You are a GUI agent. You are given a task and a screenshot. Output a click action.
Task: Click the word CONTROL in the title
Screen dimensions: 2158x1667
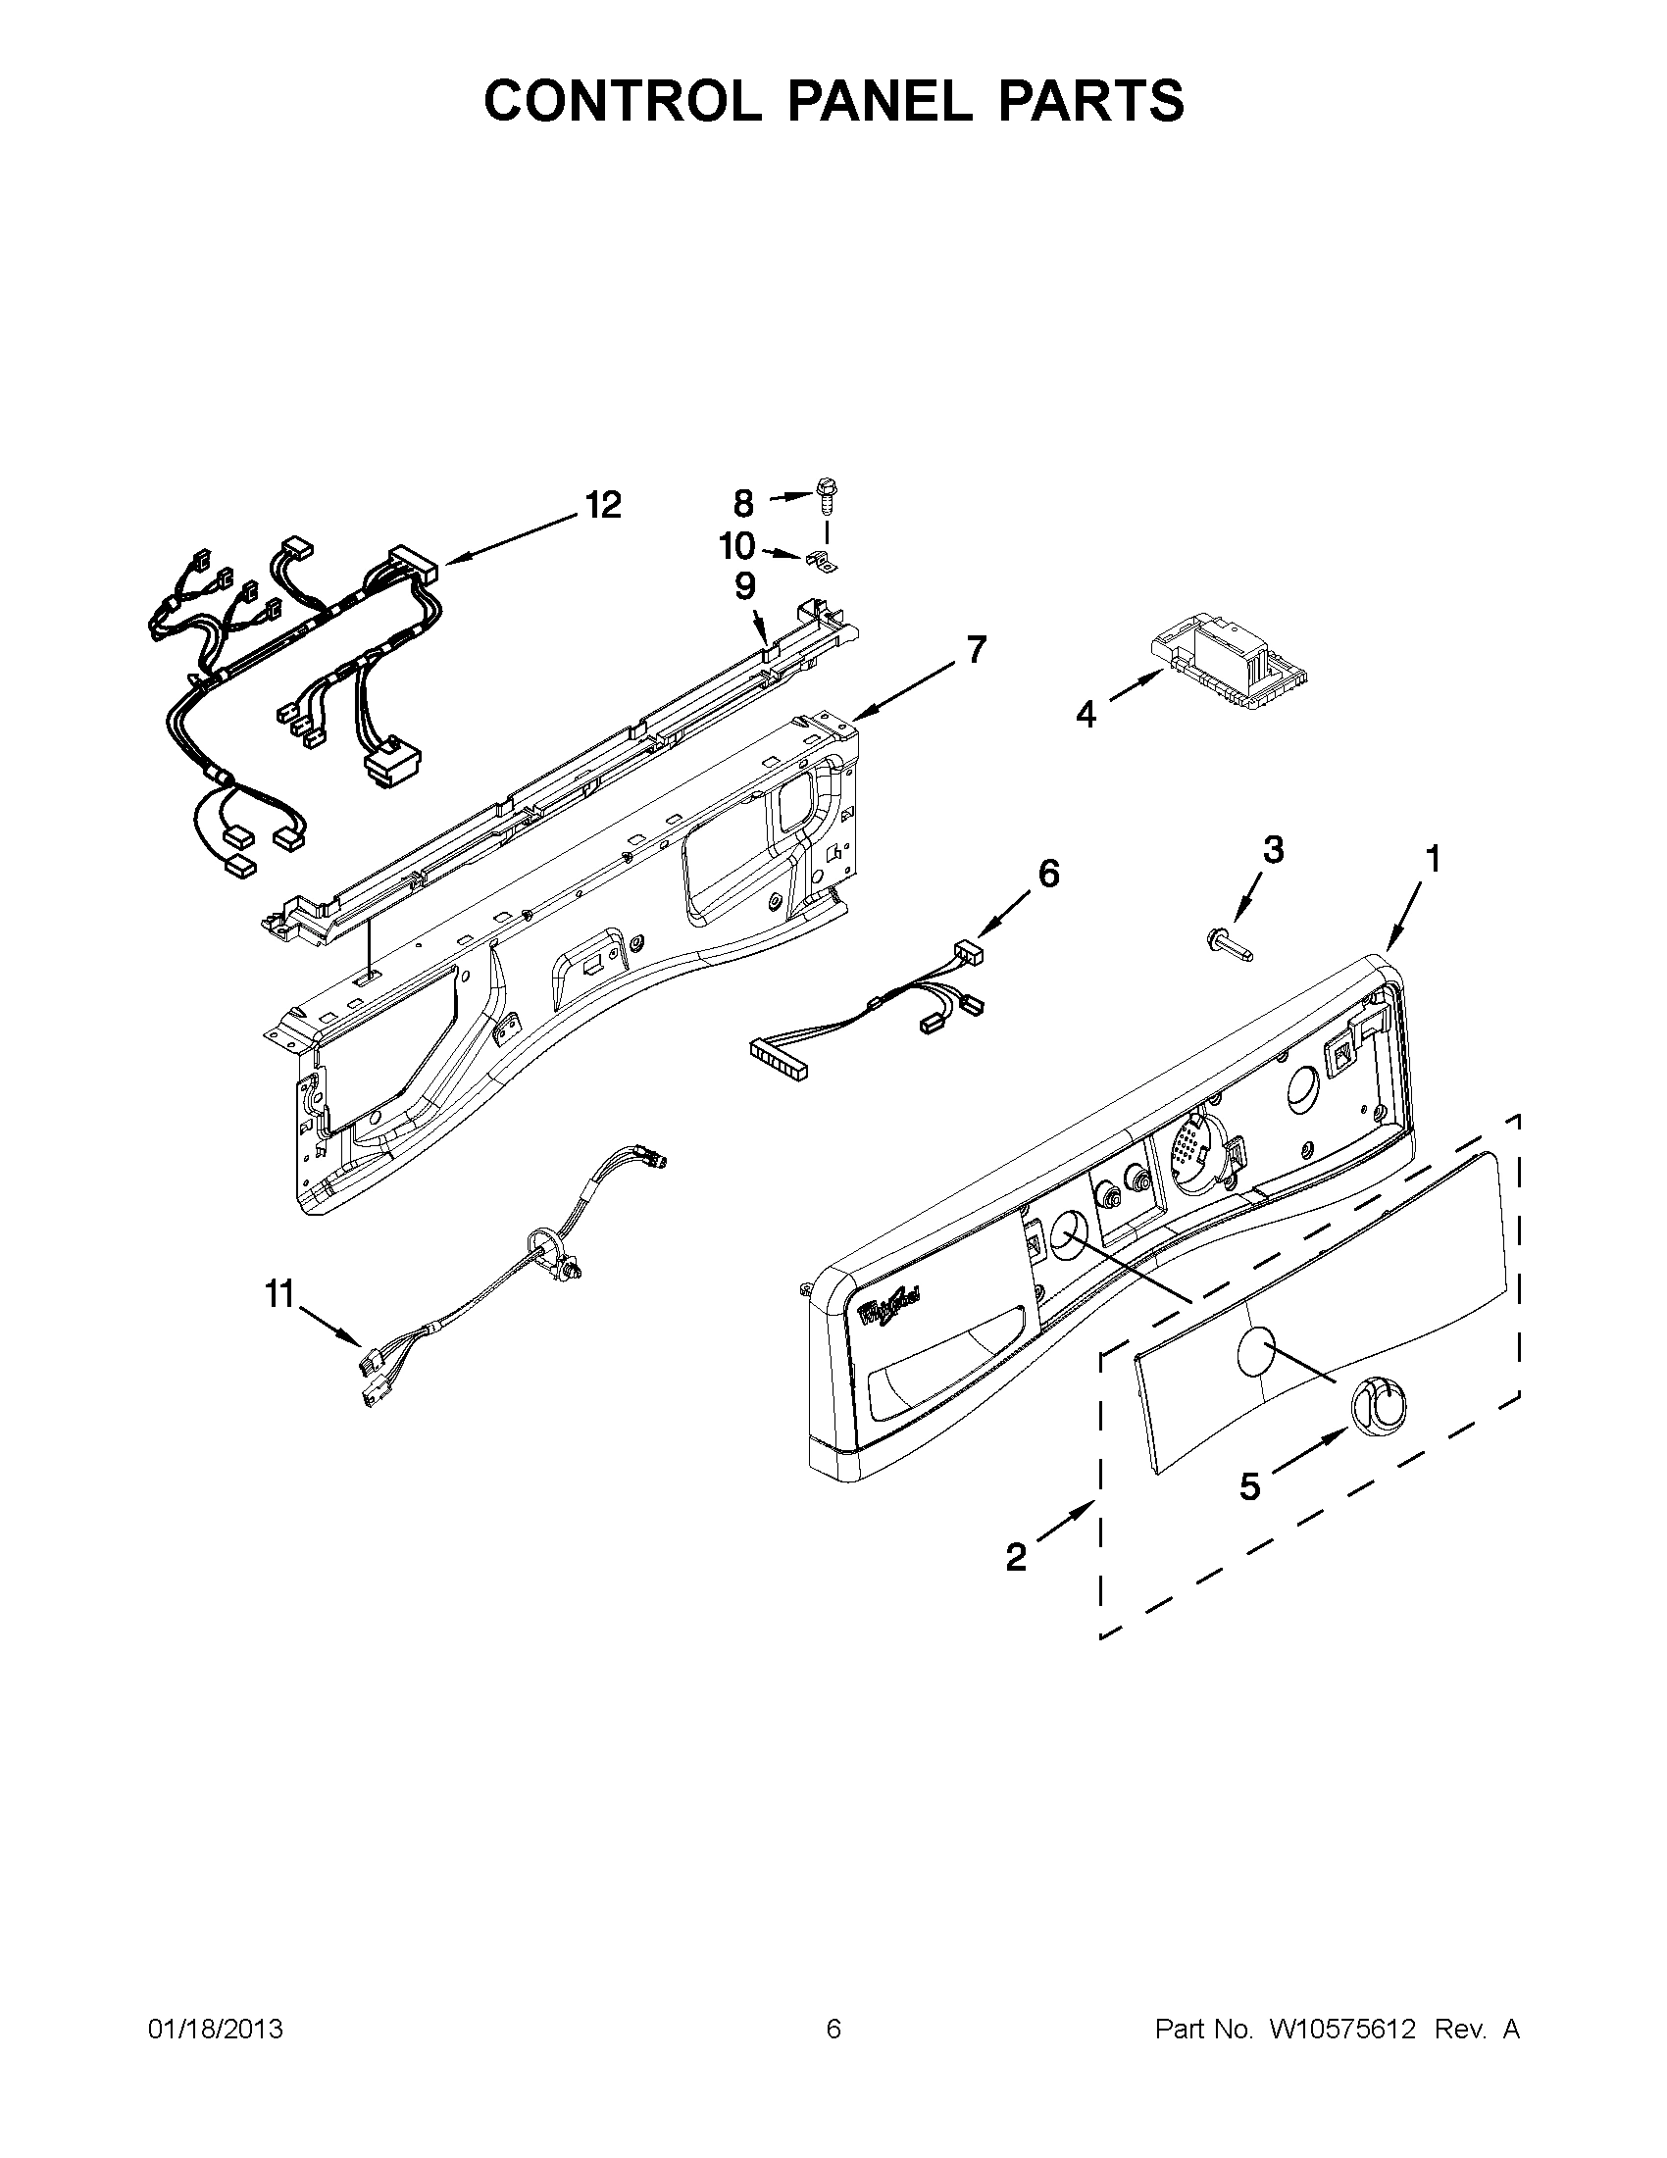click(x=622, y=100)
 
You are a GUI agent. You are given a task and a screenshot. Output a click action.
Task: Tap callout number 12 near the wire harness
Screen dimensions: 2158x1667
click(x=603, y=505)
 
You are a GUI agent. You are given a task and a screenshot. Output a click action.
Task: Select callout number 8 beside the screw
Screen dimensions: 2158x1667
click(x=743, y=504)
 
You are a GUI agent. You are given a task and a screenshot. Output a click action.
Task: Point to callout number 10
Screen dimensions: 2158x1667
click(x=737, y=545)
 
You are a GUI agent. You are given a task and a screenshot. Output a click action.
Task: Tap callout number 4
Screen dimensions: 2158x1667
click(x=1086, y=714)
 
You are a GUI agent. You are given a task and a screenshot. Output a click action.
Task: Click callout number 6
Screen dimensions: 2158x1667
click(x=1048, y=873)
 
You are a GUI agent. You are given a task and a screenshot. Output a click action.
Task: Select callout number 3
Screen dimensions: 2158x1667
click(x=1274, y=849)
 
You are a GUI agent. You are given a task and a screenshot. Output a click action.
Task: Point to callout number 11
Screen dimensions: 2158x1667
click(x=279, y=1293)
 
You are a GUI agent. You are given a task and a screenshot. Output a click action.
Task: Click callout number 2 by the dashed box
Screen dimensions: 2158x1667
click(x=1016, y=1558)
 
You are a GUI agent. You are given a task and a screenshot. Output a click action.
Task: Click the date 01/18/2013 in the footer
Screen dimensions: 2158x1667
click(x=216, y=2030)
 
